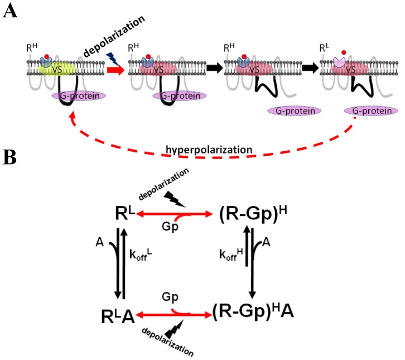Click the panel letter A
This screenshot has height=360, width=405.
point(9,11)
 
